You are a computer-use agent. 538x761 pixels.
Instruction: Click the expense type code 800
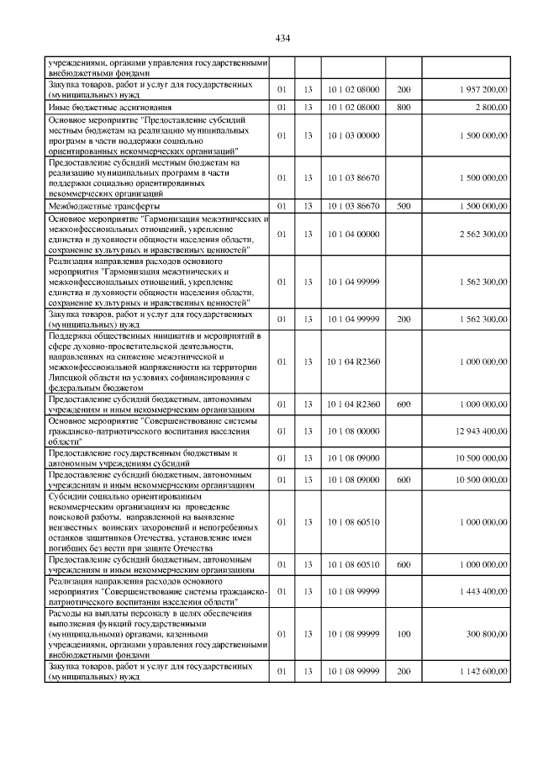point(403,108)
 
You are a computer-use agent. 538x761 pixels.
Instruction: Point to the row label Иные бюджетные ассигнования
point(99,108)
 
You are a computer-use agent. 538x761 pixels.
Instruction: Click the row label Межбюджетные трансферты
point(93,205)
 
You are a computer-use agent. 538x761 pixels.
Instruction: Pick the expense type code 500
point(403,205)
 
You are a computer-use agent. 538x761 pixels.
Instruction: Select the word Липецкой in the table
point(70,378)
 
